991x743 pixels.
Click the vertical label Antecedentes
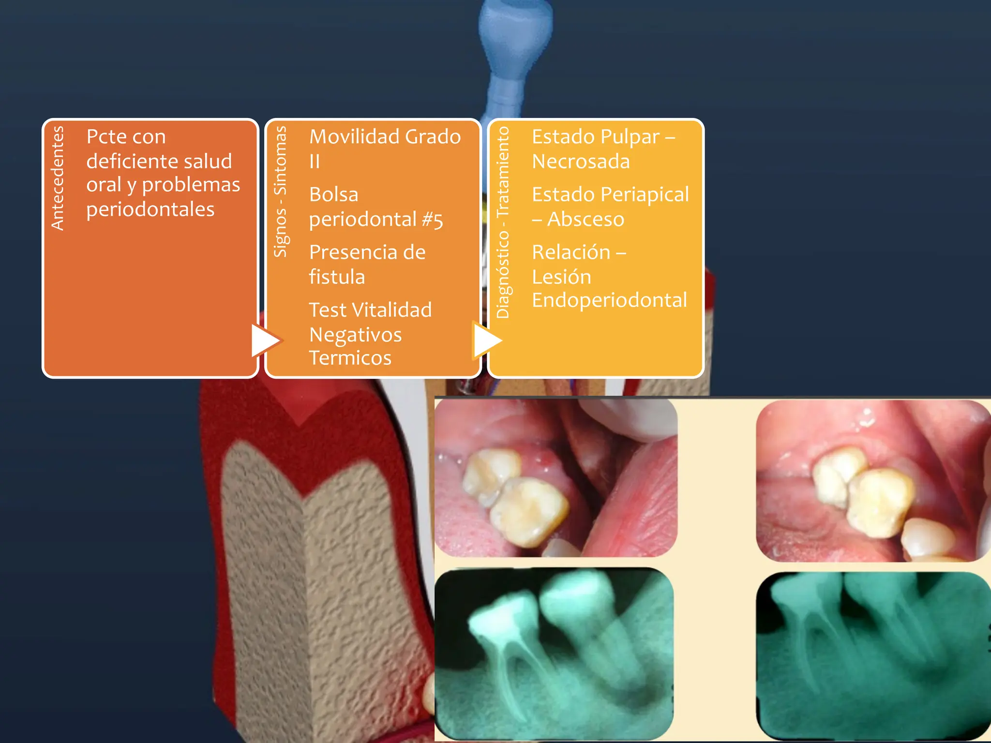(58, 178)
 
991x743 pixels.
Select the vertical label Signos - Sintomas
(280, 191)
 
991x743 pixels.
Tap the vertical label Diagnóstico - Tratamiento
(503, 222)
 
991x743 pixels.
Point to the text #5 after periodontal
(432, 220)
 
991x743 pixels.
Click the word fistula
(337, 277)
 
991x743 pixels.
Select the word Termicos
(350, 358)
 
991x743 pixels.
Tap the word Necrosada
(581, 162)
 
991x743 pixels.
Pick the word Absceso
(586, 220)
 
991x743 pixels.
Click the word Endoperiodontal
(609, 300)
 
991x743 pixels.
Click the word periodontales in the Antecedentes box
(150, 209)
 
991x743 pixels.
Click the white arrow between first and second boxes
(264, 340)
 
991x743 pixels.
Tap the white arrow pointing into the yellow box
(487, 340)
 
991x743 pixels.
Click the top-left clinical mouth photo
(556, 478)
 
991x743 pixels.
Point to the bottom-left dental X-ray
(554, 654)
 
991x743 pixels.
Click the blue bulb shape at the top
(515, 34)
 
